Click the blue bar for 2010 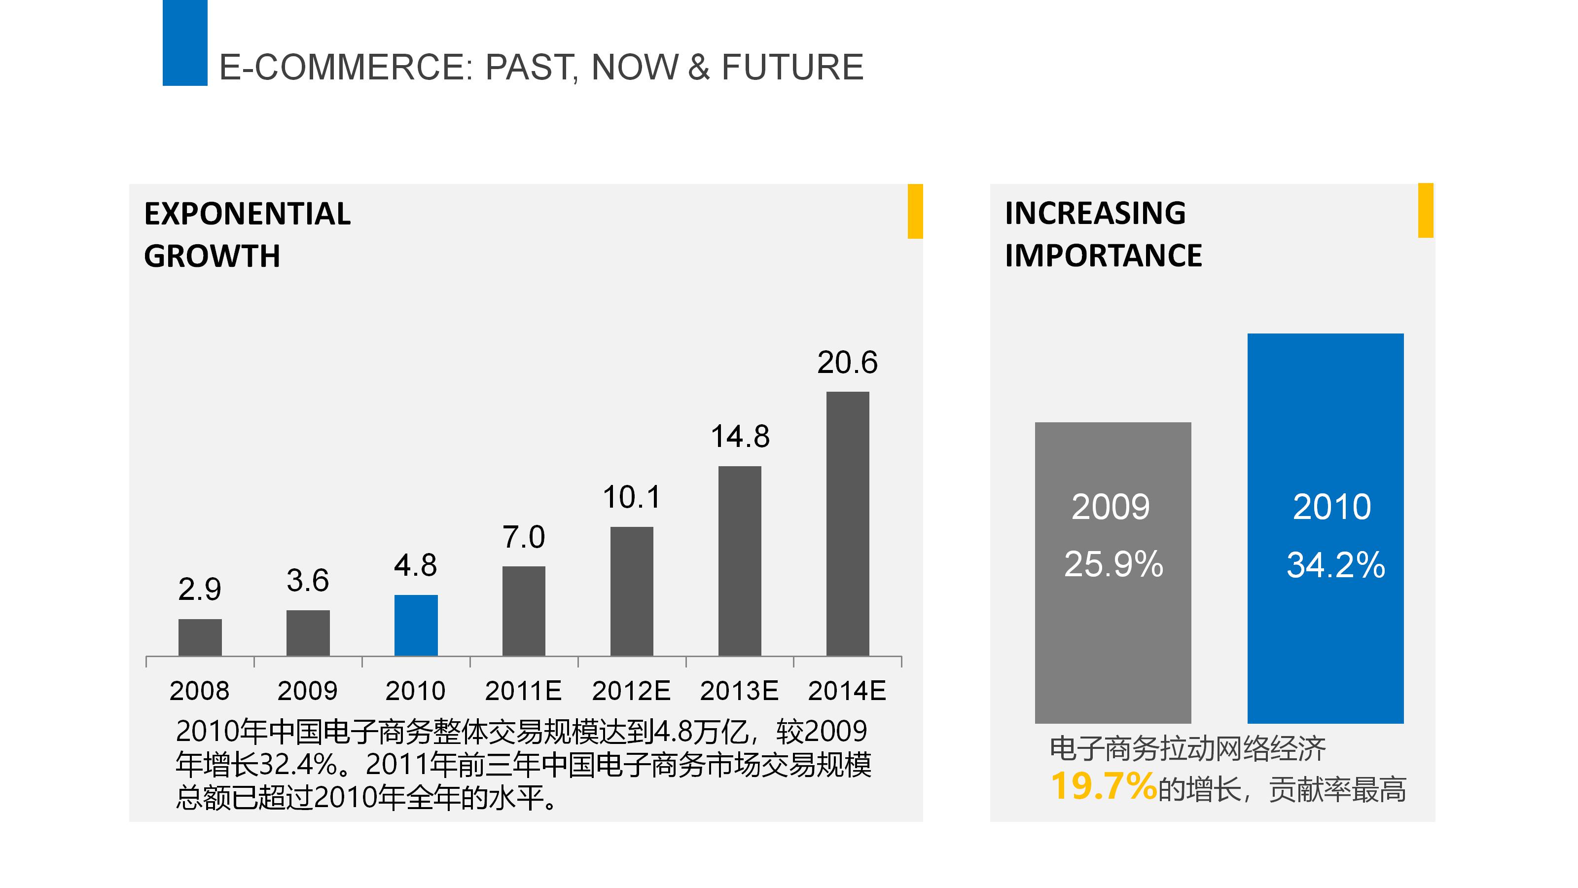click(416, 625)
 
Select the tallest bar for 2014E click(847, 524)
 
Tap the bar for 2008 click(200, 637)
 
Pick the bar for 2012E click(632, 592)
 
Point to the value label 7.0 click(524, 537)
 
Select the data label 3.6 click(308, 580)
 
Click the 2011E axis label click(523, 691)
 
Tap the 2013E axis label click(739, 691)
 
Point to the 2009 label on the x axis click(308, 691)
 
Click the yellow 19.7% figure click(1103, 786)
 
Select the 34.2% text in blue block click(1335, 564)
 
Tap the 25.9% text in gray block click(1113, 564)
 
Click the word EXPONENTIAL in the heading click(248, 214)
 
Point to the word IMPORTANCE click(1103, 256)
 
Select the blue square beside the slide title click(185, 43)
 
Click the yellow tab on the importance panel click(1426, 210)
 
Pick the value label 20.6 click(847, 363)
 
